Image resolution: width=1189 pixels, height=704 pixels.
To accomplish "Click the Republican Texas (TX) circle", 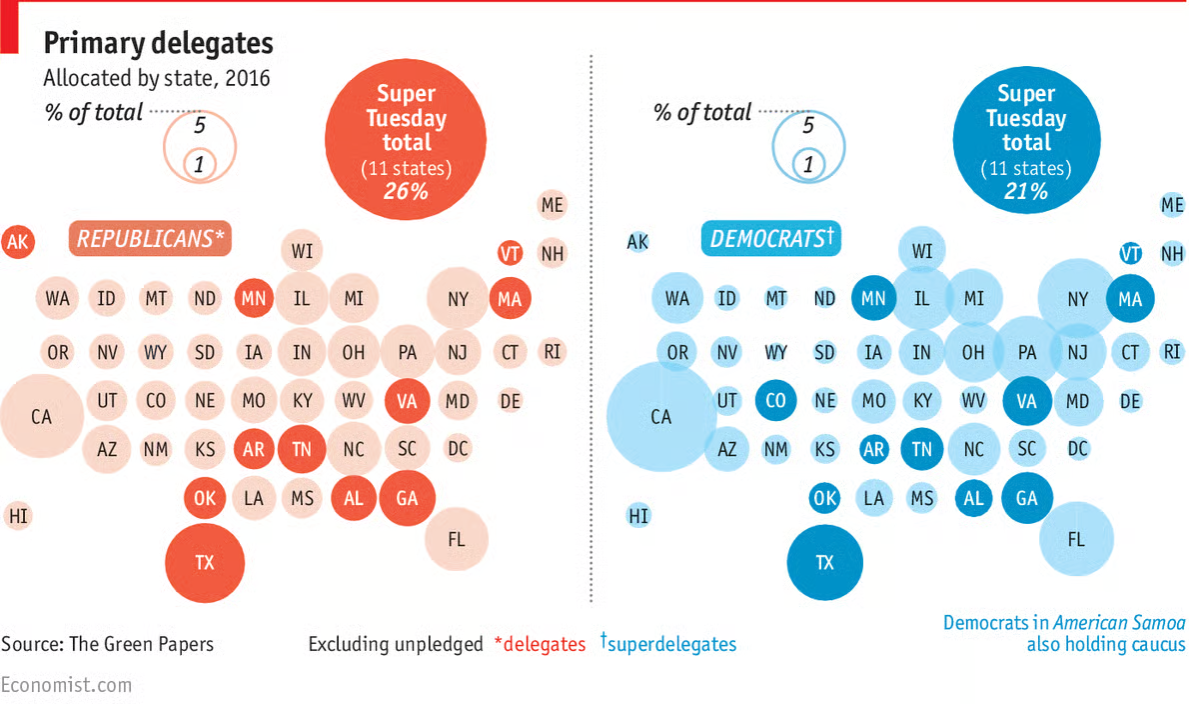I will (x=205, y=562).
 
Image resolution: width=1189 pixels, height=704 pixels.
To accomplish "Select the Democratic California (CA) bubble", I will (x=660, y=416).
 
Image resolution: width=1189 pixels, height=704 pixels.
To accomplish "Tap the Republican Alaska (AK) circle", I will (x=17, y=241).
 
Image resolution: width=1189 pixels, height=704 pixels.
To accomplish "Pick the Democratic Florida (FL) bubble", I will (x=1076, y=540).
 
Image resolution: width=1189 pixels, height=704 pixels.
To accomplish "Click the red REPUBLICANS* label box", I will (x=150, y=239).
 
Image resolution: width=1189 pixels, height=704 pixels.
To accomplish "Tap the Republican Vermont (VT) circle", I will (x=510, y=253).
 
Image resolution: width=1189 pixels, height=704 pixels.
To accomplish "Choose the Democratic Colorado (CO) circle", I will (x=775, y=400).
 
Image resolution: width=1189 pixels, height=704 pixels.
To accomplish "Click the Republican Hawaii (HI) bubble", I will (x=17, y=516).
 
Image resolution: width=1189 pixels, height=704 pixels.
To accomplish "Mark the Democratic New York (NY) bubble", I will (x=1077, y=298).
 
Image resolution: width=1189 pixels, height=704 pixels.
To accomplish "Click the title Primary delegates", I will (x=158, y=43).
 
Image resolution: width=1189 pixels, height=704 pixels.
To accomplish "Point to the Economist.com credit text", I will (x=66, y=685).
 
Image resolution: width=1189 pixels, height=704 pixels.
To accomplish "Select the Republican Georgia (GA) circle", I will (x=407, y=498).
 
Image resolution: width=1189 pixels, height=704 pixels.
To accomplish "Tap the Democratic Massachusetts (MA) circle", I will (x=1130, y=298).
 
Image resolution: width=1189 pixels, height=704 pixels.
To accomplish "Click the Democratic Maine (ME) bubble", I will (x=1172, y=205).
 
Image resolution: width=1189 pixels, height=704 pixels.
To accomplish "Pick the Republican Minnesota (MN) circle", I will (x=253, y=297).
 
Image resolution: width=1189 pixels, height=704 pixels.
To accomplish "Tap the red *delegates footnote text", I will (x=541, y=644).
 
